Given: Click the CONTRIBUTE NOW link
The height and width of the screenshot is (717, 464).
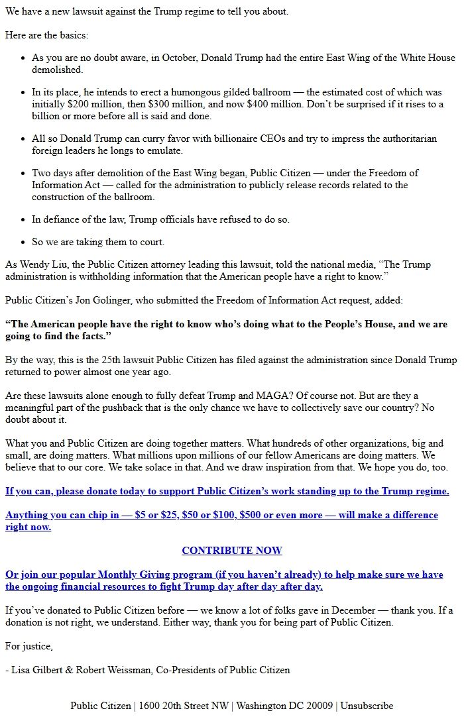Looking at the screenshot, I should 231,551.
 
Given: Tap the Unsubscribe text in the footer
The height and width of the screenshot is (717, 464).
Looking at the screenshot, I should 367,706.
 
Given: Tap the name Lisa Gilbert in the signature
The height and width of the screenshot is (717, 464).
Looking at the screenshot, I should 36,670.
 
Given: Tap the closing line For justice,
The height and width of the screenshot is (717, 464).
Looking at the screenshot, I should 29,646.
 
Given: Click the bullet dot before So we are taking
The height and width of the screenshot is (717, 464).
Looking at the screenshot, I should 23,243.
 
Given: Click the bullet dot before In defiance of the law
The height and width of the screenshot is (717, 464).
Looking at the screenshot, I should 23,219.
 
